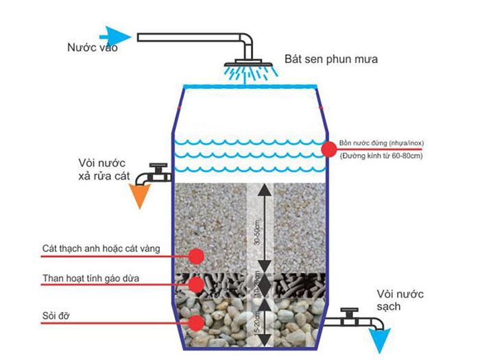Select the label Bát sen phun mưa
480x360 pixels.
point(331,60)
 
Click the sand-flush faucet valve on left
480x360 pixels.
point(158,169)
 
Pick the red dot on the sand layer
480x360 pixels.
point(197,256)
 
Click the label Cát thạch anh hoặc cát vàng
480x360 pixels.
point(101,248)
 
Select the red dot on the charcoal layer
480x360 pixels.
point(197,283)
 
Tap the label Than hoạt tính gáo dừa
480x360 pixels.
point(88,278)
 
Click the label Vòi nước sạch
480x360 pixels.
point(402,300)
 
